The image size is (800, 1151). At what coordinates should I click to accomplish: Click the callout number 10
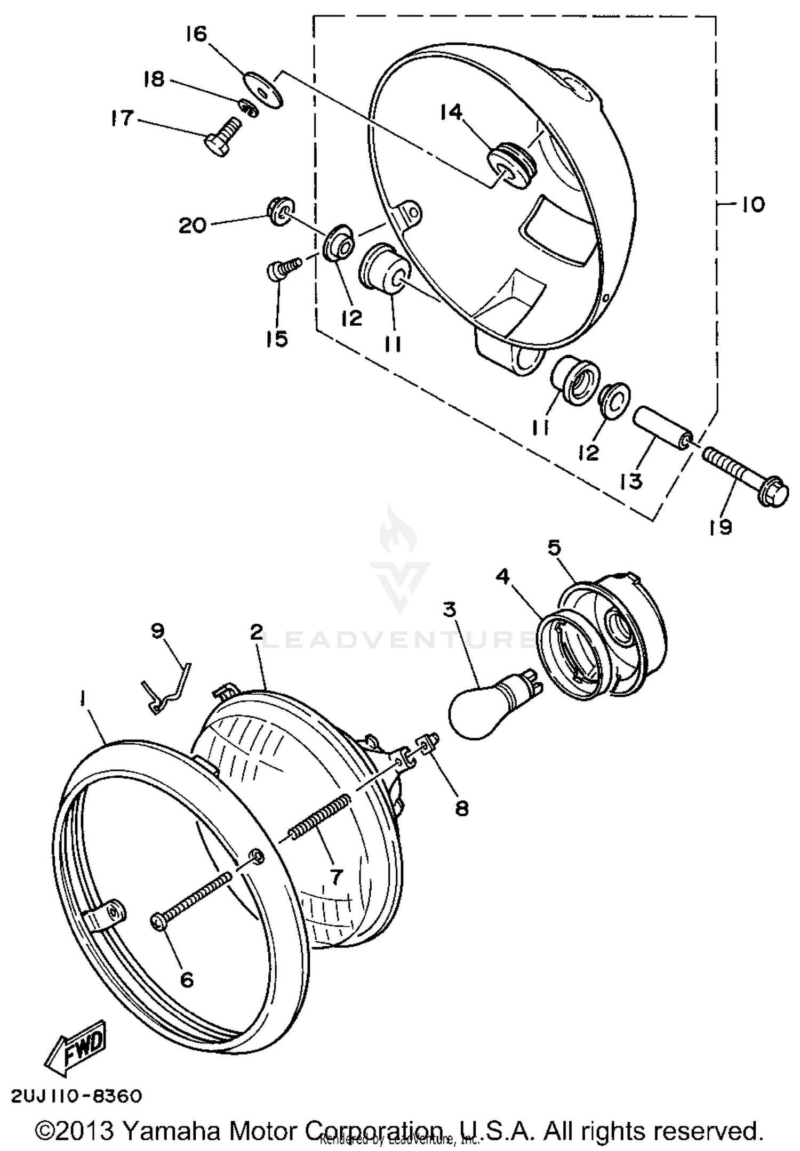pyautogui.click(x=753, y=204)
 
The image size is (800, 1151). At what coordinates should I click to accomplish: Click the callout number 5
pyautogui.click(x=555, y=548)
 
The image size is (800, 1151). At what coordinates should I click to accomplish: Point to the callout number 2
pyautogui.click(x=257, y=633)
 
